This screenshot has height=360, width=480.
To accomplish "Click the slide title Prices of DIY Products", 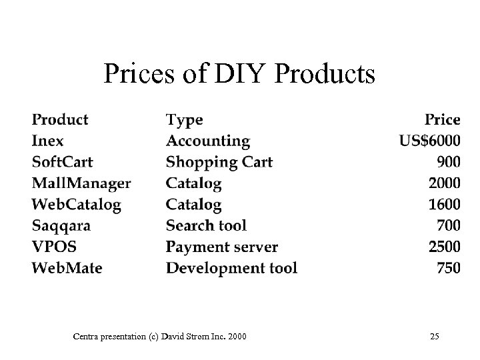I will tap(239, 74).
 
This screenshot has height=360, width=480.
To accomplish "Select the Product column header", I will tap(60, 120).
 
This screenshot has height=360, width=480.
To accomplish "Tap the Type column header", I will tap(184, 120).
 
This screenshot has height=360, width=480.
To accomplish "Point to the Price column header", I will tap(443, 120).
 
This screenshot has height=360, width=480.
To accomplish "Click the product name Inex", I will tap(48, 141).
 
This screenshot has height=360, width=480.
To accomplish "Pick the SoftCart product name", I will tap(63, 162).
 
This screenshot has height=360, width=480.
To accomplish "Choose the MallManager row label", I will tap(81, 183).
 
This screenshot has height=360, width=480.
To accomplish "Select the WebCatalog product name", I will tap(77, 205).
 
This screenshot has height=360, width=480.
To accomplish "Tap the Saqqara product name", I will tap(61, 226).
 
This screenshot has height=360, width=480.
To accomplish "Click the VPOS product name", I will tap(54, 247).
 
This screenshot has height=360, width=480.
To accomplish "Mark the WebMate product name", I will tap(67, 269).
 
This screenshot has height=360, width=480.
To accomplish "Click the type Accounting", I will tap(208, 141).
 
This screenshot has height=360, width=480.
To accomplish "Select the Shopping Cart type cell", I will tap(219, 162).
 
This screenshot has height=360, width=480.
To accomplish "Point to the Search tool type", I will tap(206, 226).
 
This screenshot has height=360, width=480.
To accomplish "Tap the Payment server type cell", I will tap(222, 247).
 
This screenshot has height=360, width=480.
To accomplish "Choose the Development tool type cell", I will tap(231, 269).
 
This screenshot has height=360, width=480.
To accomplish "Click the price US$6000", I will tap(429, 141).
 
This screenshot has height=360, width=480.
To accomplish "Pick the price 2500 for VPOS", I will tap(444, 247).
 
